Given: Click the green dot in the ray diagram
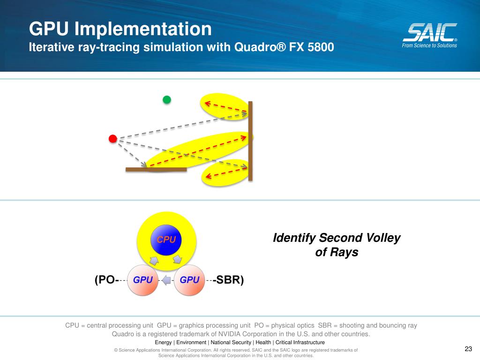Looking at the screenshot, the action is pyautogui.click(x=166, y=99).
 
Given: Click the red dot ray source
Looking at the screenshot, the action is pyautogui.click(x=112, y=138).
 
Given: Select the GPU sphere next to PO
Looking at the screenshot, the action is pyautogui.click(x=143, y=280).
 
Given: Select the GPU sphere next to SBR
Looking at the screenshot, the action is pyautogui.click(x=189, y=280).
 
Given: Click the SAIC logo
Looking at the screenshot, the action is pyautogui.click(x=430, y=32).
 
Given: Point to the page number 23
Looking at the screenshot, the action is pyautogui.click(x=468, y=349).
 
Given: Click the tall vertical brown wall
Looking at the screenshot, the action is pyautogui.click(x=250, y=141).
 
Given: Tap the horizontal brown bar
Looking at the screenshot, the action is pyautogui.click(x=156, y=169).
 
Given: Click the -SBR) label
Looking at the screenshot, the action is pyautogui.click(x=228, y=280).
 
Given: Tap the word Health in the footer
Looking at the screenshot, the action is pyautogui.click(x=264, y=343).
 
